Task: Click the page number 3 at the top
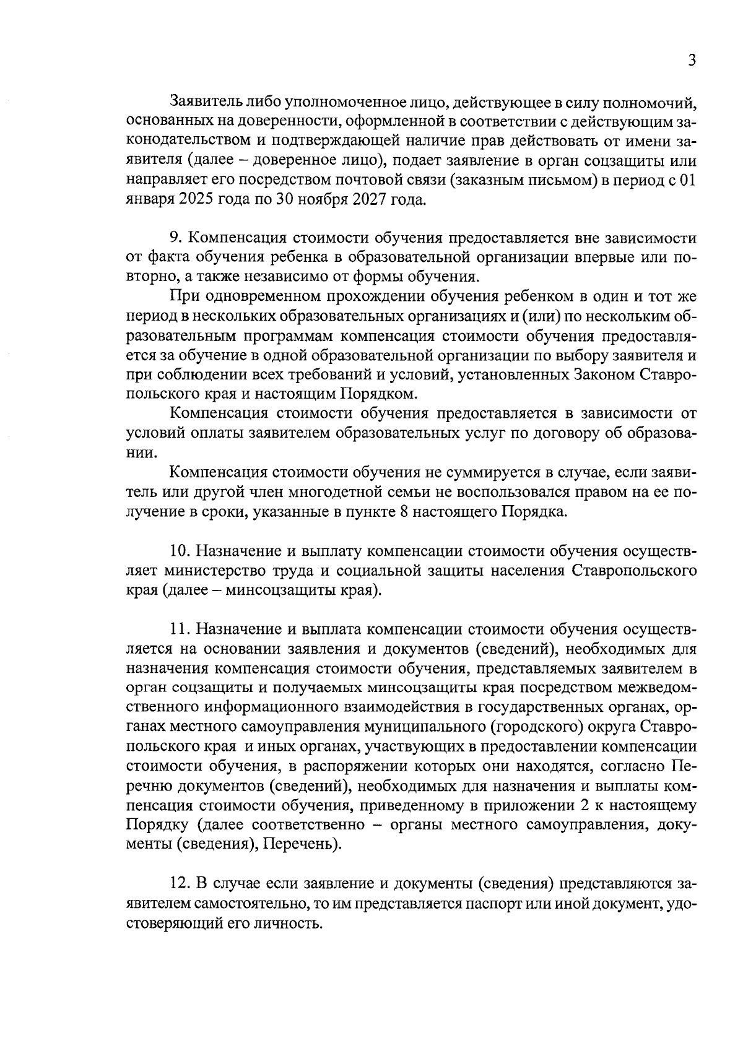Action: coord(692,60)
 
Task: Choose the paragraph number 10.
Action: coord(181,550)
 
